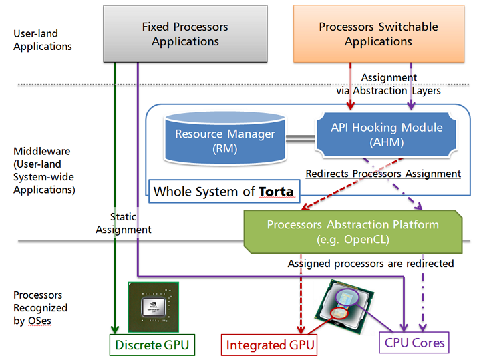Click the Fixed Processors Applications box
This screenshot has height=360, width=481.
point(185,34)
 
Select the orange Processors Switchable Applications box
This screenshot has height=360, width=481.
point(378,34)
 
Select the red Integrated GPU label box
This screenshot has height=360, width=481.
point(269,345)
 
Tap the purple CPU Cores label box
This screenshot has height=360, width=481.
point(414,343)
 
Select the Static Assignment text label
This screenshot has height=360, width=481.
point(123,223)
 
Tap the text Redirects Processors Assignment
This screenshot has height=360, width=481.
point(383,174)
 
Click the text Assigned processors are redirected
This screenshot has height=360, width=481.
point(370,264)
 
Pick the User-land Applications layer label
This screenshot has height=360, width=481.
point(43,40)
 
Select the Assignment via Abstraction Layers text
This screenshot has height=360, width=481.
point(399,84)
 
